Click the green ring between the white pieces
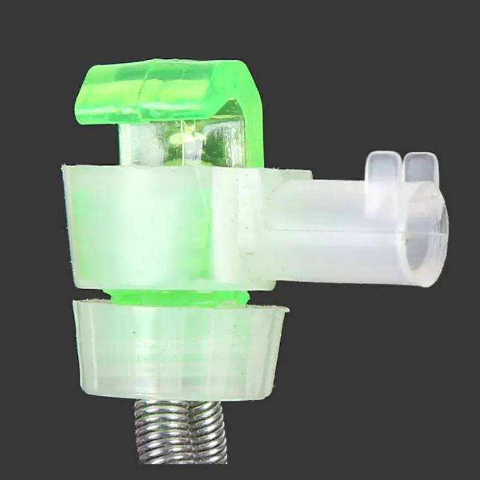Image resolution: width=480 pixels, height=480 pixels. (177, 296)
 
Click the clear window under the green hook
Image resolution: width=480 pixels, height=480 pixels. (180, 144)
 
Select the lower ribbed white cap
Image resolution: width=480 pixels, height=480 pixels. (180, 348)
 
